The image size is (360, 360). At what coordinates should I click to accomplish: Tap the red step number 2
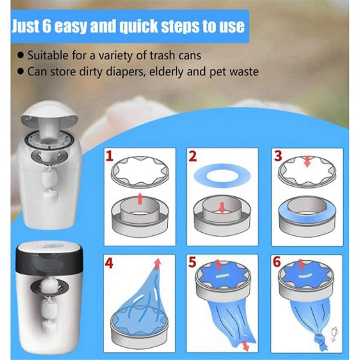click(x=193, y=157)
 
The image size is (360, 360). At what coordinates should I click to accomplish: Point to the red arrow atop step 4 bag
click(x=157, y=263)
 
